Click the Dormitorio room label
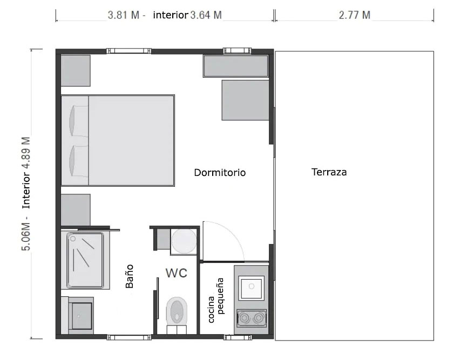pyautogui.click(x=220, y=172)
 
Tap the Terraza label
pyautogui.click(x=329, y=172)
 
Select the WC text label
pyautogui.click(x=177, y=273)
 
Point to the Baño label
pyautogui.click(x=130, y=276)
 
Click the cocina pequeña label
pyautogui.click(x=216, y=300)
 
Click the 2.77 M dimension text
pyautogui.click(x=354, y=15)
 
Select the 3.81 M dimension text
pyautogui.click(x=123, y=15)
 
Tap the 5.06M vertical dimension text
pyautogui.click(x=26, y=236)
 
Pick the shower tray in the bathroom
pyautogui.click(x=85, y=260)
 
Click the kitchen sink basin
pyautogui.click(x=252, y=288)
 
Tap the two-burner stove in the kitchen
pyautogui.click(x=252, y=318)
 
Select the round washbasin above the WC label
pyautogui.click(x=184, y=241)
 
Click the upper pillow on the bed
pyautogui.click(x=79, y=120)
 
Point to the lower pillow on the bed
pyautogui.click(x=79, y=161)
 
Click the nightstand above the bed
pyautogui.click(x=76, y=71)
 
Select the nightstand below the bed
pyautogui.click(x=76, y=210)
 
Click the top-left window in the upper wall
pyautogui.click(x=129, y=51)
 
